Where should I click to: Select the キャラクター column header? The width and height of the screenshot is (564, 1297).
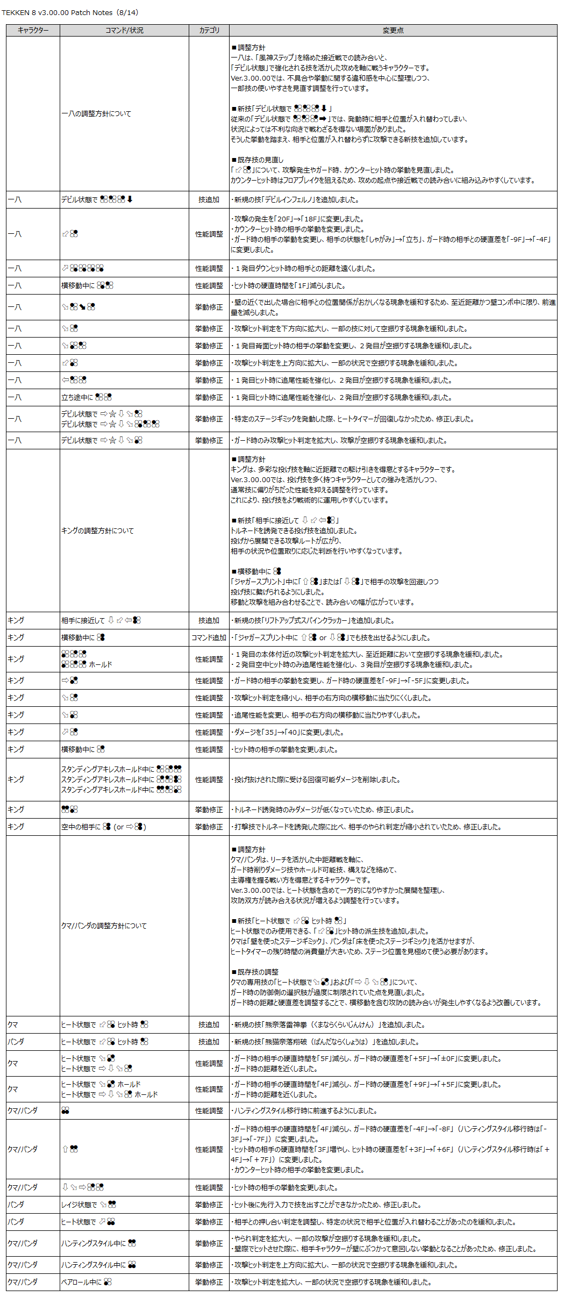[33, 31]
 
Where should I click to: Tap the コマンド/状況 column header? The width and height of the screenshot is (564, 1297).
[124, 31]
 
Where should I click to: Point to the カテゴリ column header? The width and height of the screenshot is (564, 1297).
[209, 31]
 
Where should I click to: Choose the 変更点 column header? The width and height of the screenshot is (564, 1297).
[393, 31]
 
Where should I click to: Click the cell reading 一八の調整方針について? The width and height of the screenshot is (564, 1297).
[96, 113]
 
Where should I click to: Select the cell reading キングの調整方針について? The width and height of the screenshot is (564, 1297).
[97, 531]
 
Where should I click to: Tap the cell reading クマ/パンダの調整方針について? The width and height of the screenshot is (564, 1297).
[104, 926]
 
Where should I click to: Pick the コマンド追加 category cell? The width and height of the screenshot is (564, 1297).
[209, 637]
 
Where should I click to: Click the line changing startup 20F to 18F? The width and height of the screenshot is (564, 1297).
[298, 219]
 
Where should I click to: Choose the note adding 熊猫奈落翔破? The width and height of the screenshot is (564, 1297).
[326, 1042]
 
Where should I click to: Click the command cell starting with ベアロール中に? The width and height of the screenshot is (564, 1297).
[87, 1282]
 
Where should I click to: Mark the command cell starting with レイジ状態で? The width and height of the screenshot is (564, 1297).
[89, 1205]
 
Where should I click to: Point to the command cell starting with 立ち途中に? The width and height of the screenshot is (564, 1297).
[87, 397]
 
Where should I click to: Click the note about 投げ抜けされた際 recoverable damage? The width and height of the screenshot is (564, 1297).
[316, 779]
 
